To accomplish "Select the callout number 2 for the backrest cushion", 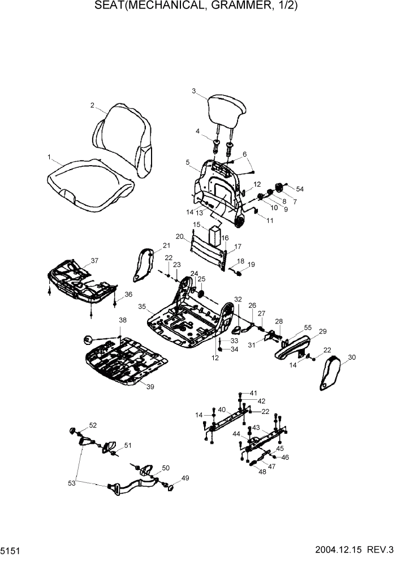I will tap(92, 105).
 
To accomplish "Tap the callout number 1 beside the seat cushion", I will tap(49, 157).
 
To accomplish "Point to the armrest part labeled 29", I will tap(294, 346).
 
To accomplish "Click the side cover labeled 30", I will tap(331, 373).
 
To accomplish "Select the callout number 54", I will tap(300, 189).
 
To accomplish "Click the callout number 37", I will tap(94, 261).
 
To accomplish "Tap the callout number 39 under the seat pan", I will tap(150, 387).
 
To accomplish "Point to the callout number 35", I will tap(143, 307).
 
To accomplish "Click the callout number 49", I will tap(185, 478).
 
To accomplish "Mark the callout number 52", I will tap(93, 425).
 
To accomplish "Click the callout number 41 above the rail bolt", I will tap(253, 392).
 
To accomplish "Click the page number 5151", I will tap(9, 550).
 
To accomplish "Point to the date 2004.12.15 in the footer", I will tap(339, 550).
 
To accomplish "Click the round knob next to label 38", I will tap(88, 340).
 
